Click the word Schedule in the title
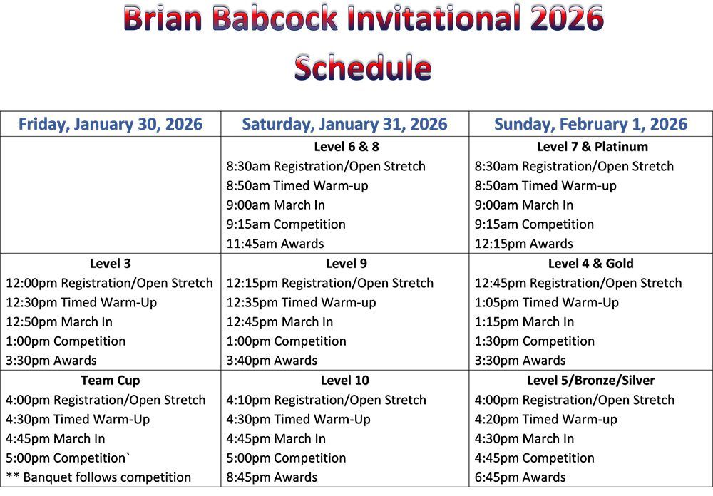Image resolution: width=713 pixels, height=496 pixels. [x=362, y=68]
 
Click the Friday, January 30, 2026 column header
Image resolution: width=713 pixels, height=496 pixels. [x=111, y=125]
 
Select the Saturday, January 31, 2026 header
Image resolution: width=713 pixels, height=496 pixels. [x=344, y=125]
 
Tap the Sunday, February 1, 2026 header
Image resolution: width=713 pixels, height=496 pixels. [x=590, y=125]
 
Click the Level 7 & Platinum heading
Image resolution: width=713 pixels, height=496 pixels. [x=592, y=147]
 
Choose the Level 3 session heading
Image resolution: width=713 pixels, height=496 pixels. [x=111, y=264]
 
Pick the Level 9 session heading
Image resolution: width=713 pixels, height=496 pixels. [x=345, y=264]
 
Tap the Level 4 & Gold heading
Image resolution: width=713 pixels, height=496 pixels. [x=591, y=264]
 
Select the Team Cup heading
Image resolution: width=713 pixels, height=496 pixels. [x=111, y=381]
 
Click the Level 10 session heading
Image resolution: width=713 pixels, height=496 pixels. [x=345, y=381]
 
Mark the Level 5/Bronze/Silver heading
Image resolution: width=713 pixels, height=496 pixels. [x=591, y=381]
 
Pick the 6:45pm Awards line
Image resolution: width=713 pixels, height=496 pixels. [x=520, y=477]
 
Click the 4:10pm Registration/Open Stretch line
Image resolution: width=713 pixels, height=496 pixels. [x=326, y=400]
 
